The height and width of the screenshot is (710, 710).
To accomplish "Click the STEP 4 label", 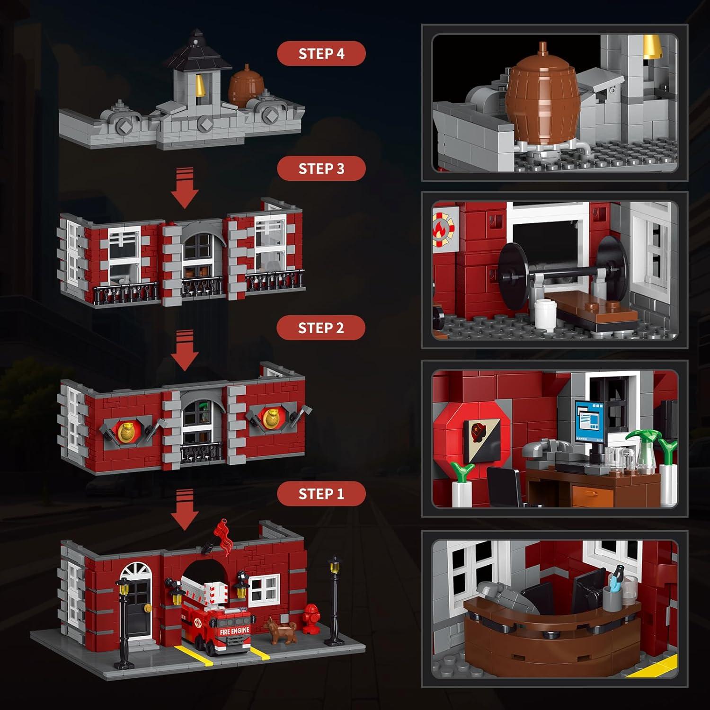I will pyautogui.click(x=321, y=53).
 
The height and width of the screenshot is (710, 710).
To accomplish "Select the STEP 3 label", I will pyautogui.click(x=321, y=169).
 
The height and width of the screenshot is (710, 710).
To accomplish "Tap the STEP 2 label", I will pyautogui.click(x=321, y=328).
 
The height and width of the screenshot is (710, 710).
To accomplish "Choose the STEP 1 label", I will pyautogui.click(x=321, y=494).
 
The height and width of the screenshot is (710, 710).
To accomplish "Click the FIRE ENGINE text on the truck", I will pyautogui.click(x=234, y=631).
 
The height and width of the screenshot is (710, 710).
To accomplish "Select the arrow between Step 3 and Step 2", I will pyautogui.click(x=184, y=350).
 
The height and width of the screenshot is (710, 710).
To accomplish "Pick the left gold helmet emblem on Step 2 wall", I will pyautogui.click(x=125, y=431).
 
